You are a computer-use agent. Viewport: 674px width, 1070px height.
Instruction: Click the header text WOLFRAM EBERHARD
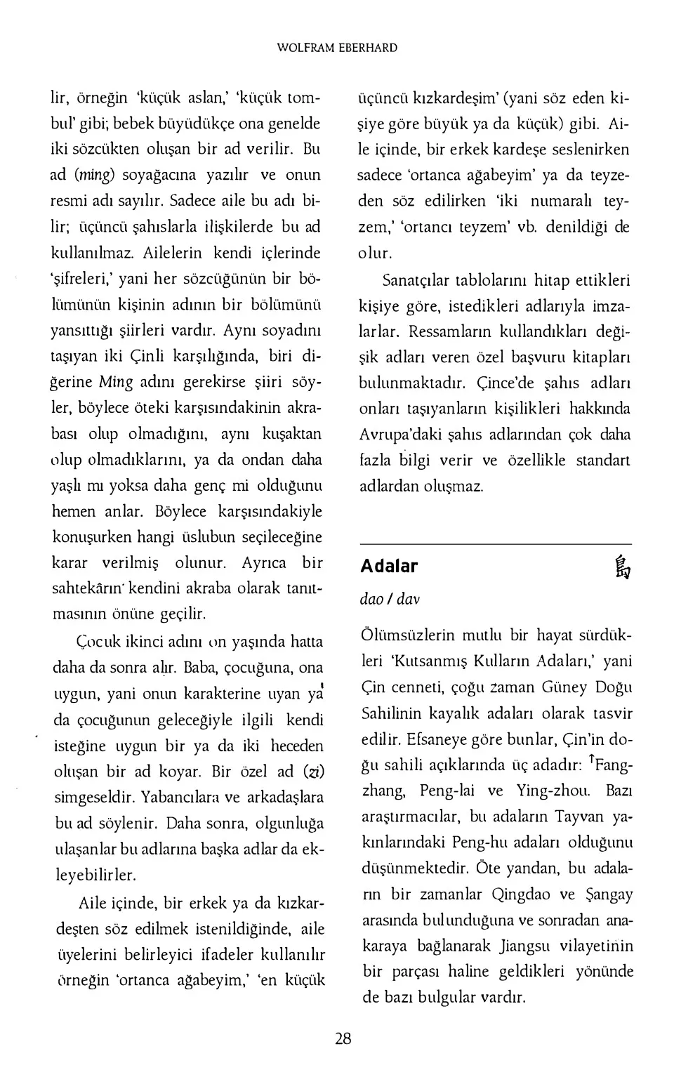[x=337, y=48]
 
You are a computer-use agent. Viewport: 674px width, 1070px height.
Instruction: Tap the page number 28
[x=343, y=1038]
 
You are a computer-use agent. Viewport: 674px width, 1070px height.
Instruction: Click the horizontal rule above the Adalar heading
[x=495, y=544]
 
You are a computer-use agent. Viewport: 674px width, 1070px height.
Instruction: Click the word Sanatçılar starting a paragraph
[x=416, y=281]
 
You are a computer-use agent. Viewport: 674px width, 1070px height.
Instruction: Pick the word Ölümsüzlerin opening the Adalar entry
[x=408, y=635]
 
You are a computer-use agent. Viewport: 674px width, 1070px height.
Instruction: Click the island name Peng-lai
[x=447, y=791]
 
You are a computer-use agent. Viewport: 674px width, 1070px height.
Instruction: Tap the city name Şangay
[x=607, y=894]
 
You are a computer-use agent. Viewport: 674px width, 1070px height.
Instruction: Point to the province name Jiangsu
[x=528, y=946]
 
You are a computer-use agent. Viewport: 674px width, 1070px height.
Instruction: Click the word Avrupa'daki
[x=400, y=435]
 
